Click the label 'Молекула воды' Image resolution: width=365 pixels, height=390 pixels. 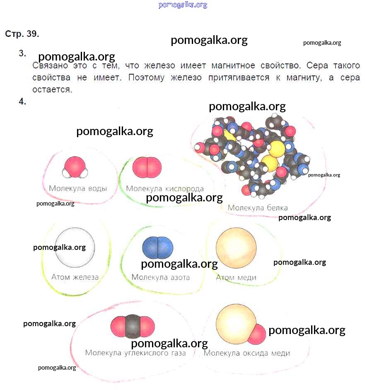tap(78, 188)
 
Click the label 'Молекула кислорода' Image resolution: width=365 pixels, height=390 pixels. tap(165, 188)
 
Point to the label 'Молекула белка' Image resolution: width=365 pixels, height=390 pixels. tap(257, 208)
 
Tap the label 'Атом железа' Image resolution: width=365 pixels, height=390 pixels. tap(75, 277)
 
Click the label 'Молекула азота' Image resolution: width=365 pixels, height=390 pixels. tap(160, 277)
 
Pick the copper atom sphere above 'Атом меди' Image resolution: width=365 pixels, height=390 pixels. tap(236, 247)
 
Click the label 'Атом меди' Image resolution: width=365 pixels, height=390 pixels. tap(236, 277)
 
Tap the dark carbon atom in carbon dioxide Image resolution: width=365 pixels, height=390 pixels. tap(133, 325)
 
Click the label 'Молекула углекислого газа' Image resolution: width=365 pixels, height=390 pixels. tap(135, 353)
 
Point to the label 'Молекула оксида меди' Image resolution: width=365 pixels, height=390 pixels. tap(247, 353)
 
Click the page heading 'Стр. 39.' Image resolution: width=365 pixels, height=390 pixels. tap(22, 34)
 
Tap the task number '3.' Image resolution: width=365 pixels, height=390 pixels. tap(22, 53)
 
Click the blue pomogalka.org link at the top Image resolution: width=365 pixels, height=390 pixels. tap(183, 5)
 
